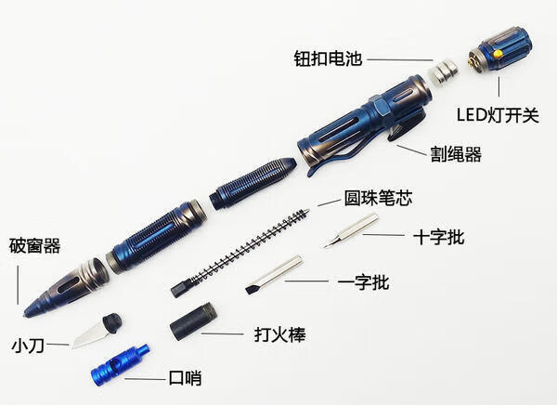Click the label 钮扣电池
[328, 59]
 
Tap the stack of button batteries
[443, 72]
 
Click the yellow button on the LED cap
[499, 54]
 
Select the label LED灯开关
[498, 115]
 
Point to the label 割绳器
[456, 154]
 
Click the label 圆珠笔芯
[378, 198]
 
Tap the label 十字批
[439, 237]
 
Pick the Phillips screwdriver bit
[351, 230]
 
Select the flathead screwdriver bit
[274, 274]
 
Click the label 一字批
[363, 282]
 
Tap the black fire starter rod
[194, 321]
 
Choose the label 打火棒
[280, 334]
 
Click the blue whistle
[121, 365]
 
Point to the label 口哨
[185, 378]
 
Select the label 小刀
[28, 346]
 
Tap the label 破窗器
[35, 246]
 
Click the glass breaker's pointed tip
[25, 316]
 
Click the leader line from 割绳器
[411, 150]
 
